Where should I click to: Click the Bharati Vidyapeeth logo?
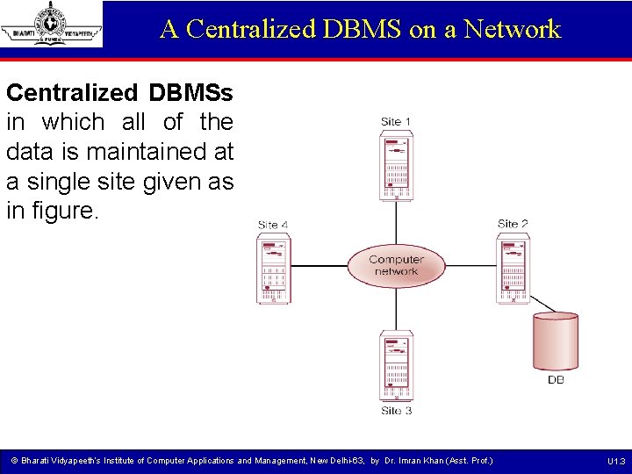pyautogui.click(x=52, y=25)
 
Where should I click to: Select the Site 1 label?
pyautogui.click(x=395, y=121)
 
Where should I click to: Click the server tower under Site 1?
pyautogui.click(x=396, y=164)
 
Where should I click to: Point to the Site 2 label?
pyautogui.click(x=513, y=224)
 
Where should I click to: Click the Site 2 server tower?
pyautogui.click(x=515, y=267)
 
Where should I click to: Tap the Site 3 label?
pyautogui.click(x=396, y=410)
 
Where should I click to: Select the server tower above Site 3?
pyautogui.click(x=396, y=366)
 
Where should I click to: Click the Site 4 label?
pyautogui.click(x=273, y=225)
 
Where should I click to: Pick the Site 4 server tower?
pyautogui.click(x=274, y=268)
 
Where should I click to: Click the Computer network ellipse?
pyautogui.click(x=396, y=265)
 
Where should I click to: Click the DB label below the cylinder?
pyautogui.click(x=556, y=380)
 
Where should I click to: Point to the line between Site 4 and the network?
pyautogui.click(x=318, y=265)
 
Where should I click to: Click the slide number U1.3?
pyautogui.click(x=615, y=462)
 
